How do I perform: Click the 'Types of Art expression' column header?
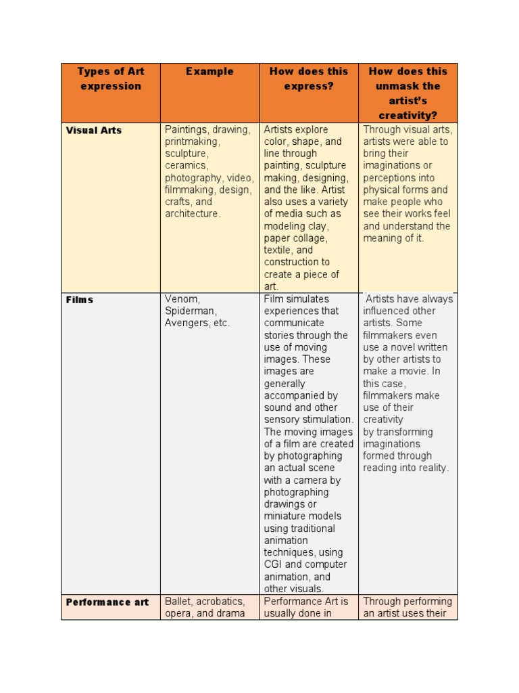pos(111,79)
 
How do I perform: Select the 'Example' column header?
pos(209,71)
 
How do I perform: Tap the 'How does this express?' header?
pos(309,79)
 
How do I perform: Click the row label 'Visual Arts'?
pos(94,130)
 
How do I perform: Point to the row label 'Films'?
pos(80,299)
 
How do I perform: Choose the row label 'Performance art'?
pos(107,602)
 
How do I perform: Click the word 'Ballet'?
pos(178,602)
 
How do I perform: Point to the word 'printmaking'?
pos(192,142)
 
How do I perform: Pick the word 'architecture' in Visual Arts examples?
pos(192,214)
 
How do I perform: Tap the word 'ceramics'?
pos(186,166)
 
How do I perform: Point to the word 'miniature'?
pos(287,516)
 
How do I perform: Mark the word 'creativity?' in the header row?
pos(408,116)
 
